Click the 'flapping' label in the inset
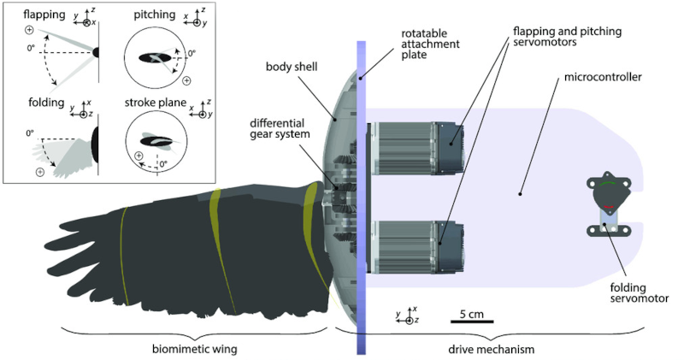click(x=32, y=15)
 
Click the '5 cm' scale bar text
click(x=470, y=314)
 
